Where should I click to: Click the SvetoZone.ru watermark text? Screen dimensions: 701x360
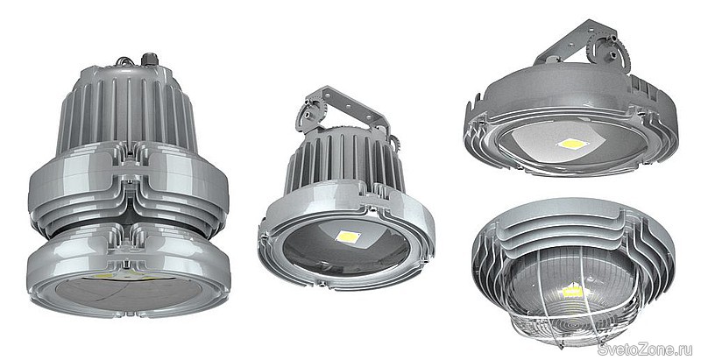tap(644, 349)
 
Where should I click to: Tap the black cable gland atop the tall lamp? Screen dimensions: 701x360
tap(147, 59)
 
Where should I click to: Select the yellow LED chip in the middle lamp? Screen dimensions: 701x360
tap(348, 236)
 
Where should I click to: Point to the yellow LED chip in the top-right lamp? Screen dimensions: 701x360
tap(572, 144)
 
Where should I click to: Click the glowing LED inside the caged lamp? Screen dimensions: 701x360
tap(573, 291)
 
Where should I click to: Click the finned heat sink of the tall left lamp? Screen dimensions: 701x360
tap(127, 109)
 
